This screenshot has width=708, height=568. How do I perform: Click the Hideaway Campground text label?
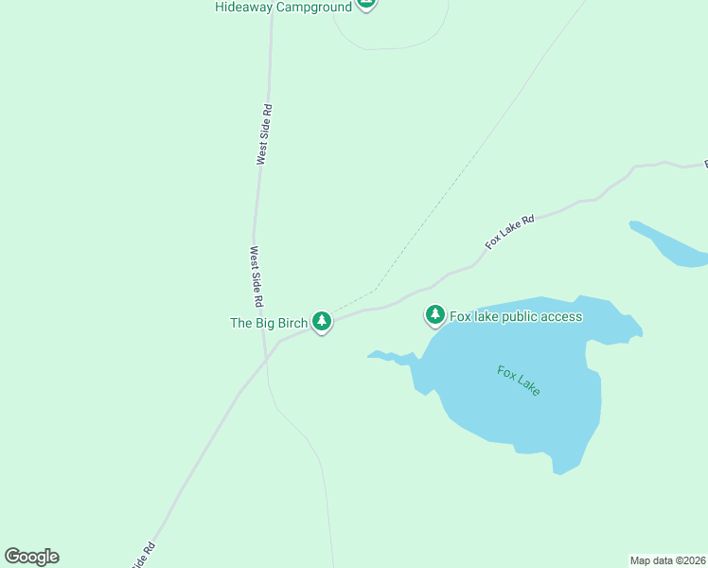(284, 7)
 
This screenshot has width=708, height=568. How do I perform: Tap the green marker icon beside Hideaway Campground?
(367, 4)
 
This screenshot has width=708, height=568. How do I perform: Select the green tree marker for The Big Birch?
(322, 322)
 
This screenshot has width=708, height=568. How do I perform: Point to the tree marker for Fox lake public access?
(435, 314)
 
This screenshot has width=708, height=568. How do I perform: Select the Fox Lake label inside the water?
(519, 381)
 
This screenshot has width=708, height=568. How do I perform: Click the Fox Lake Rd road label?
(510, 232)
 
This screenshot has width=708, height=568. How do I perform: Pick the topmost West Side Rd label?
(266, 134)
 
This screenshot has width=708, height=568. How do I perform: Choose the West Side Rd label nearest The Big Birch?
(256, 276)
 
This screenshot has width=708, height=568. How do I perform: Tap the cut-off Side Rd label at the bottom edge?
(143, 556)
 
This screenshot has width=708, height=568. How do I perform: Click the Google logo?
(31, 557)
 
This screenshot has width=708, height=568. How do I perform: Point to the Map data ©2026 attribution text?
(667, 560)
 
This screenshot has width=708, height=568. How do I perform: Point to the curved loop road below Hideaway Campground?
(388, 46)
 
